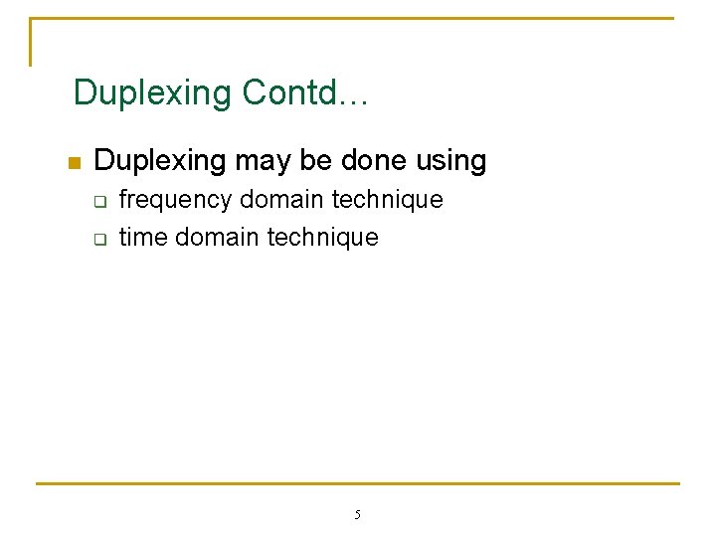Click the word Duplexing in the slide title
[x=151, y=92]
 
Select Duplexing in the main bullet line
[x=160, y=161]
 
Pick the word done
[x=377, y=161]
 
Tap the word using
[x=452, y=161]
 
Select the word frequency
[x=175, y=200]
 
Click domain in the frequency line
[x=282, y=200]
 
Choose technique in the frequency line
[x=388, y=200]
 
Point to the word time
[x=143, y=238]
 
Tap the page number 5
[x=358, y=515]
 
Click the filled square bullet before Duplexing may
[x=72, y=163]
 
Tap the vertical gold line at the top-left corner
[x=31, y=42]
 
